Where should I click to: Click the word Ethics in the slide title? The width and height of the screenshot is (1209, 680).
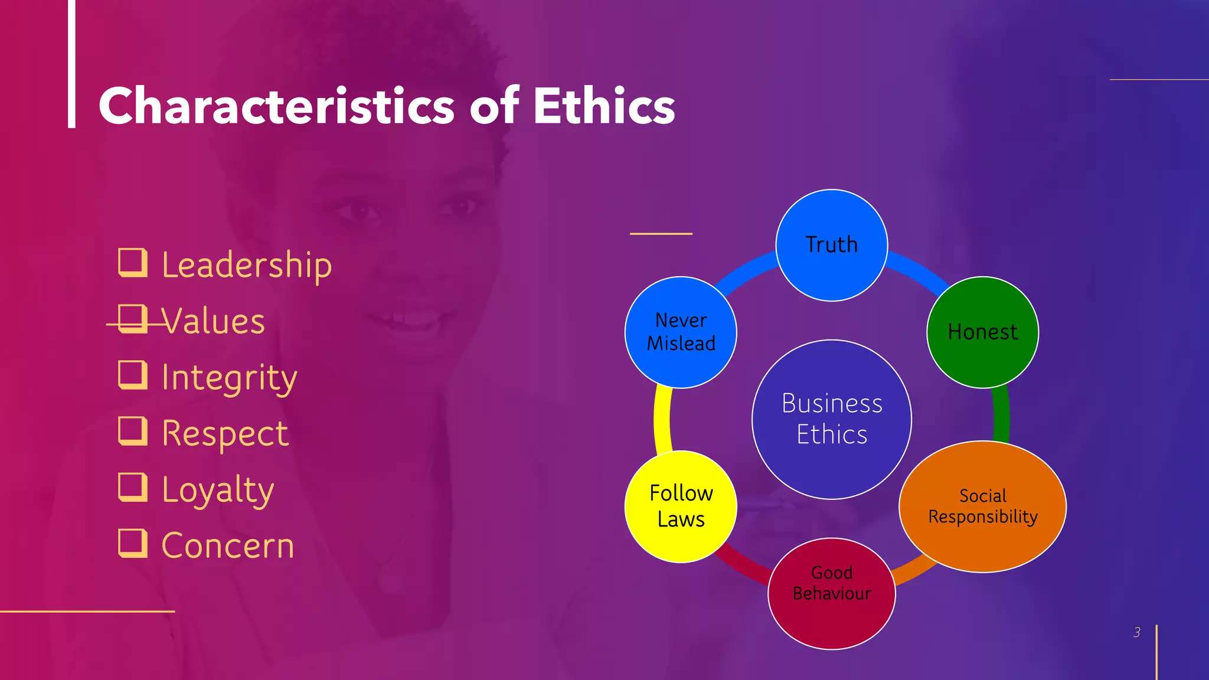pos(603,106)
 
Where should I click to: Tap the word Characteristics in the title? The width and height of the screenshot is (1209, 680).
pos(276,106)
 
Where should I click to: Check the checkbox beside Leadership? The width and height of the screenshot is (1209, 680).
pos(132,263)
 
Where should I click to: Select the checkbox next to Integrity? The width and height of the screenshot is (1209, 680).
pos(132,375)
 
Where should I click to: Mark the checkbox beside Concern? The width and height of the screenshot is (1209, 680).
pos(132,543)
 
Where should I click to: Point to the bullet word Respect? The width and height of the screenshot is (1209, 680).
pos(225,434)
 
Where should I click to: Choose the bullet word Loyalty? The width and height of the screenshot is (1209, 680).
pos(218,490)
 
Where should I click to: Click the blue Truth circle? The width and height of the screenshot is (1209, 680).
pos(831,245)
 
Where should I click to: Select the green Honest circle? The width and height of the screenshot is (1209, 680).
pos(982,332)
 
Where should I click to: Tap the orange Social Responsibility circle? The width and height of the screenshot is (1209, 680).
pos(982,506)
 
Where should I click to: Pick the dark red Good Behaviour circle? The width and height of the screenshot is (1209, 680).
pos(831,593)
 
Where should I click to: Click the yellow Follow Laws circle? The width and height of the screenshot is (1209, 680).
pos(681,506)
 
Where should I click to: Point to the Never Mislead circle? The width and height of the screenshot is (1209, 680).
pos(681,332)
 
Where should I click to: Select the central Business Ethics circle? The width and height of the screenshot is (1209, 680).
pos(831,419)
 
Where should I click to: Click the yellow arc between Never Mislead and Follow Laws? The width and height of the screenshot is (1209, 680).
pos(662,419)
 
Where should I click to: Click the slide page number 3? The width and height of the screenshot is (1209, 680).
pos(1136,632)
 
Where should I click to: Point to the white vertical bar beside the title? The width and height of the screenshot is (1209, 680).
pos(71,64)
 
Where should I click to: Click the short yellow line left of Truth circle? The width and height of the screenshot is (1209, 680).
pos(661,234)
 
